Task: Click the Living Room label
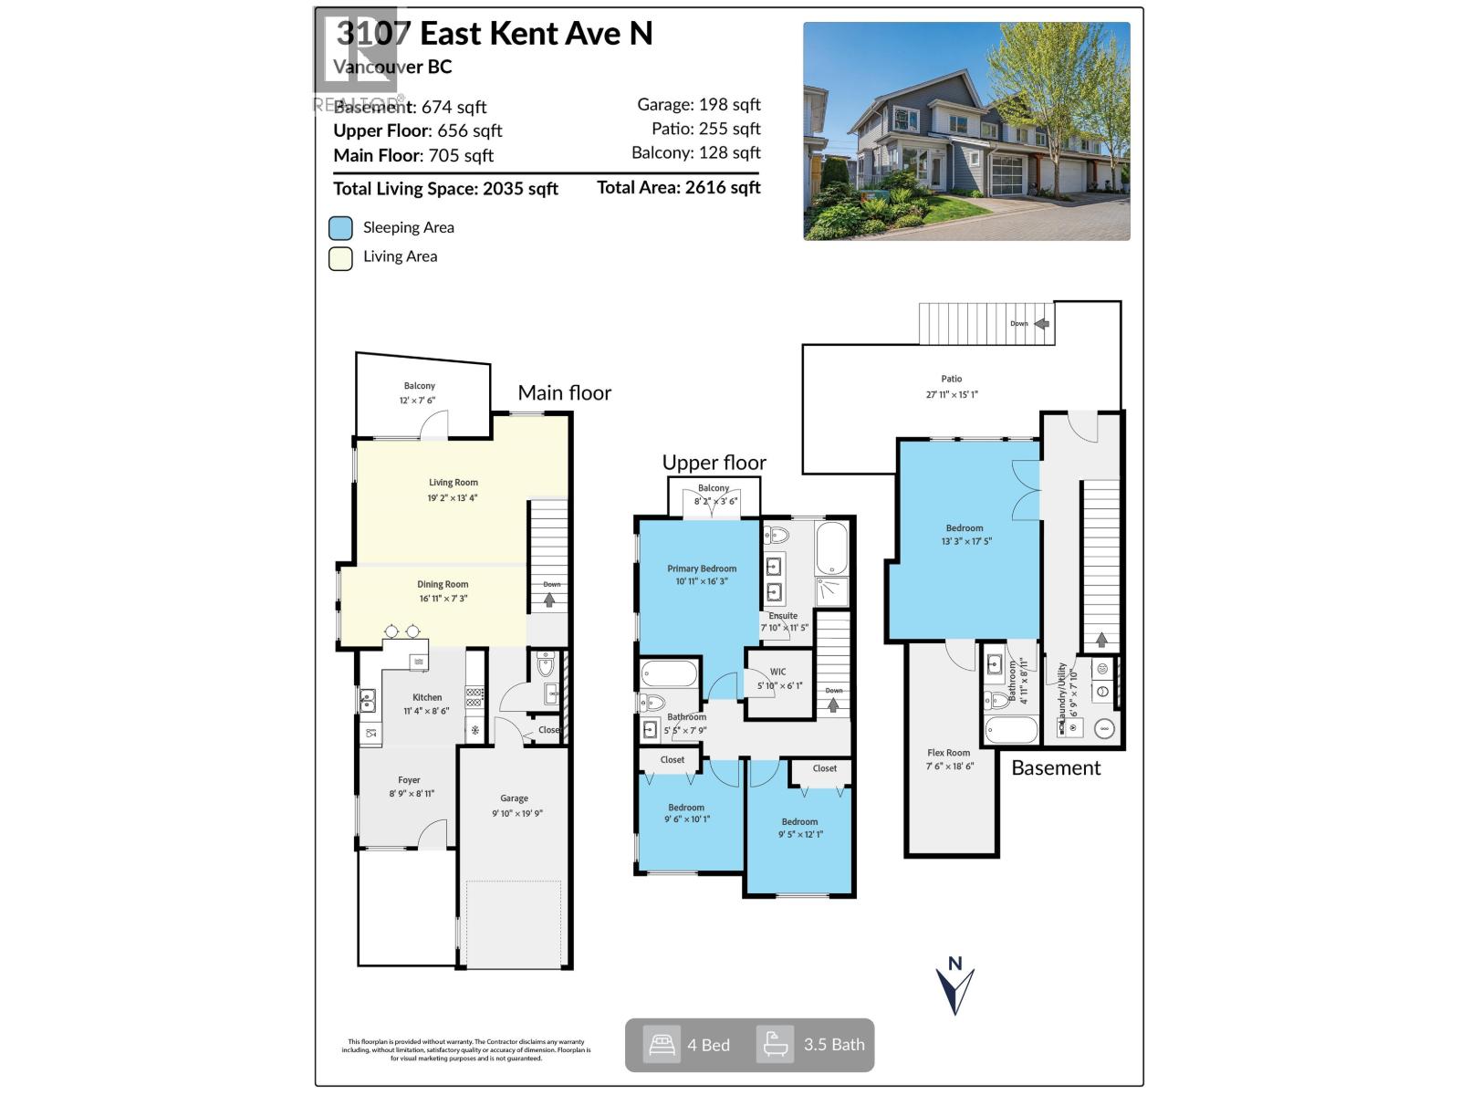(x=454, y=483)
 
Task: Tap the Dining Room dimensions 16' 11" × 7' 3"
(x=443, y=599)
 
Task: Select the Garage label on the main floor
(x=514, y=798)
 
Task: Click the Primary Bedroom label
(x=701, y=568)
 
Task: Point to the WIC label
(x=777, y=672)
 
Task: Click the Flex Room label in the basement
(x=949, y=753)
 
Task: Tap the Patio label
(x=952, y=379)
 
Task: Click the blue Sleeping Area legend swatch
(x=340, y=228)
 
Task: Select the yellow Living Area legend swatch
(x=340, y=258)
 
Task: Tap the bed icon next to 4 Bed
(x=661, y=1044)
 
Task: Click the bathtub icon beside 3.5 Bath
(x=775, y=1044)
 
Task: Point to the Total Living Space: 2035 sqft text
(x=445, y=189)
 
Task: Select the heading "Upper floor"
(x=714, y=463)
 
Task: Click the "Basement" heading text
(x=1056, y=768)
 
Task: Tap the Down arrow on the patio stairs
(x=1041, y=323)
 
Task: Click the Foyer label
(x=409, y=780)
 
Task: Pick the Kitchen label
(x=426, y=697)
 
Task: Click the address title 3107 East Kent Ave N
(x=494, y=34)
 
